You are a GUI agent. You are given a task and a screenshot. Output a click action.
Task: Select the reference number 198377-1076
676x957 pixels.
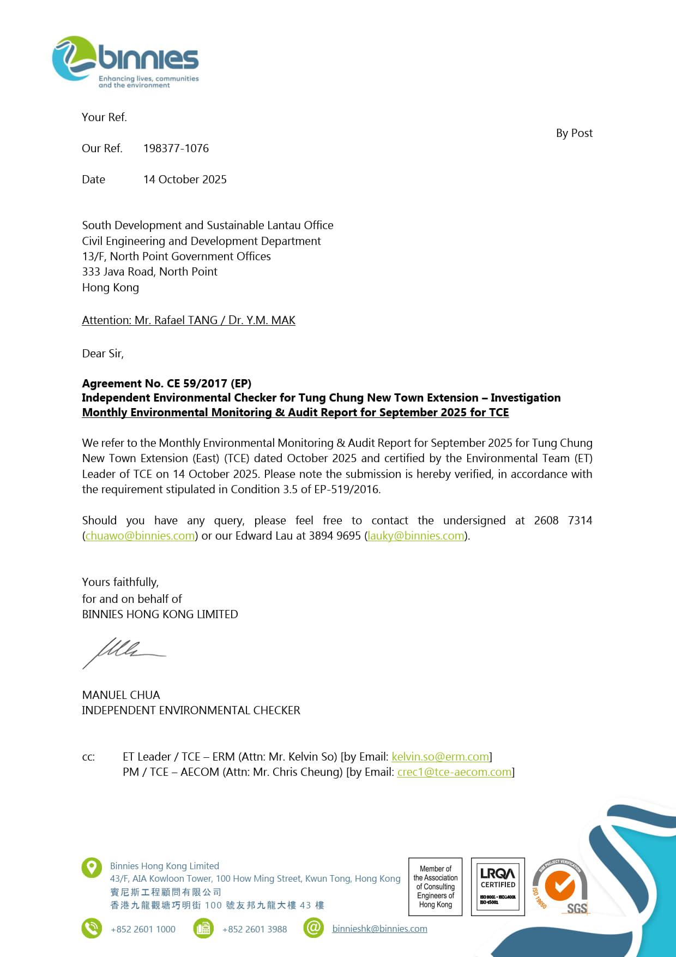pyautogui.click(x=176, y=148)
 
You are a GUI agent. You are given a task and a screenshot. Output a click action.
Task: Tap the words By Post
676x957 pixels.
pyautogui.click(x=574, y=133)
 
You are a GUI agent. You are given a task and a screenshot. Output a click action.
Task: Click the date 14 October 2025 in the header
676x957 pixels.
pyautogui.click(x=185, y=180)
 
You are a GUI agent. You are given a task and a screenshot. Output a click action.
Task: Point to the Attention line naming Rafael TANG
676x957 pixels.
pyautogui.click(x=189, y=320)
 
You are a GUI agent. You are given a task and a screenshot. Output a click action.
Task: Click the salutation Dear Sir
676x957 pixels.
pyautogui.click(x=102, y=354)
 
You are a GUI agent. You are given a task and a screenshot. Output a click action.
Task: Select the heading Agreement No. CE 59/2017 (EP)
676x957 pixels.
pyautogui.click(x=166, y=383)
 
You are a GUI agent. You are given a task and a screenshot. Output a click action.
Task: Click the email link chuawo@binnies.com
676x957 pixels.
pyautogui.click(x=140, y=536)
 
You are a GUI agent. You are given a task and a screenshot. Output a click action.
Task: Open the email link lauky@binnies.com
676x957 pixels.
pyautogui.click(x=416, y=536)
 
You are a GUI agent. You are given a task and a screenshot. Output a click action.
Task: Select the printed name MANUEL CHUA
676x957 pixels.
pyautogui.click(x=121, y=695)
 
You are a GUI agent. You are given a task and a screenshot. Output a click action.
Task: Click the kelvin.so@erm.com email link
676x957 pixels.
pyautogui.click(x=440, y=757)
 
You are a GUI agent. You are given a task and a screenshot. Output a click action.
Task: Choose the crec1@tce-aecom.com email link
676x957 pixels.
pyautogui.click(x=455, y=772)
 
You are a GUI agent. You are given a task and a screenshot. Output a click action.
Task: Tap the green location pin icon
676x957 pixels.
pyautogui.click(x=92, y=868)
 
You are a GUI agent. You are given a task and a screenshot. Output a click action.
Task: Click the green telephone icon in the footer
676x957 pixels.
pyautogui.click(x=92, y=928)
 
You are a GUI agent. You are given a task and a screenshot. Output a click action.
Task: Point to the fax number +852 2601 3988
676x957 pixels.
pyautogui.click(x=255, y=929)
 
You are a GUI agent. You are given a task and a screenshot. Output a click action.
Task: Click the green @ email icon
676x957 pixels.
pyautogui.click(x=313, y=928)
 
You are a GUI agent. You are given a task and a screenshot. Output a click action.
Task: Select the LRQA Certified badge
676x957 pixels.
pyautogui.click(x=498, y=887)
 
